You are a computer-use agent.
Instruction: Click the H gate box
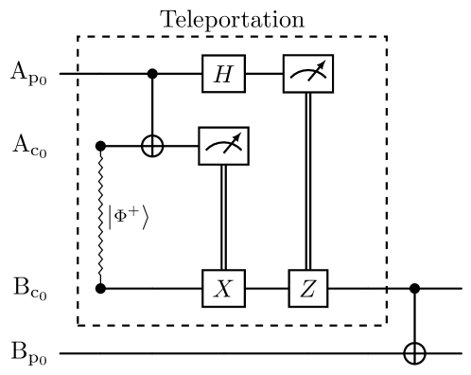coord(223,74)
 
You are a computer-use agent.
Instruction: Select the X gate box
coord(223,289)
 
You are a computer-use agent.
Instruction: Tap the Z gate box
coord(308,289)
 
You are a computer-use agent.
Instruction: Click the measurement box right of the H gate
coord(308,74)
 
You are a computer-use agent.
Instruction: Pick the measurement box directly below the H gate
coord(223,146)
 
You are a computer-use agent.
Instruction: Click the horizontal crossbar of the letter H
coord(223,74)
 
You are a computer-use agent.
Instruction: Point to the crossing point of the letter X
coord(223,289)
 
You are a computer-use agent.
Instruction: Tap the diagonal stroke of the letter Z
coord(308,289)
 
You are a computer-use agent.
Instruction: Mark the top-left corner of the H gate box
coord(203,57)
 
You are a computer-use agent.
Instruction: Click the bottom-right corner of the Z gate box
coord(326,306)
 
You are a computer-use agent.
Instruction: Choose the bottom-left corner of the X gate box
coord(203,306)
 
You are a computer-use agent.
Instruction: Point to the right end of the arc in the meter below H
coord(240,152)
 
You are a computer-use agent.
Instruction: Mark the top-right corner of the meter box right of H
coord(332,57)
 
